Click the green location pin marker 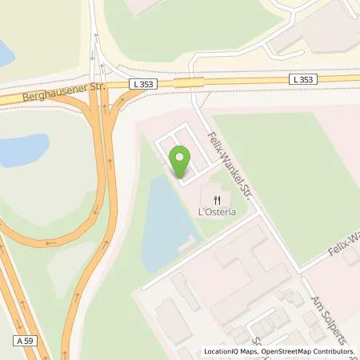182,162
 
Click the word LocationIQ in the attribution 223,352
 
